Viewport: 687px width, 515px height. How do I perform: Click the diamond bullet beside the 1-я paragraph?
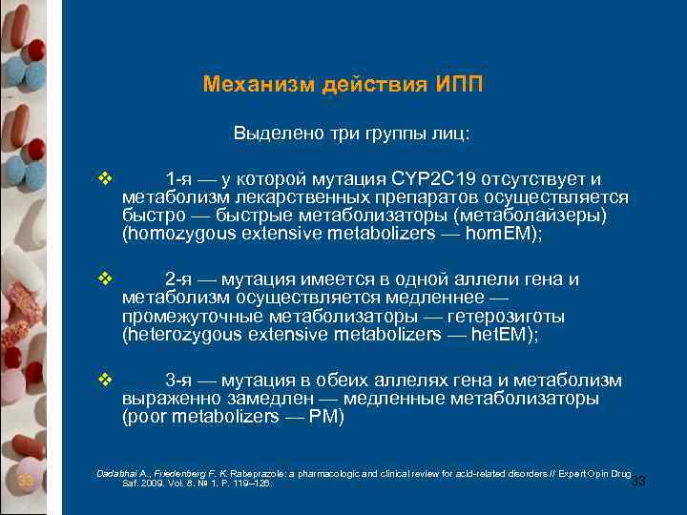click(105, 178)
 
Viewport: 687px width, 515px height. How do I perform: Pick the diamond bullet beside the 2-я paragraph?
click(105, 279)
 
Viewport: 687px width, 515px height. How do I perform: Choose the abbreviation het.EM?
click(499, 334)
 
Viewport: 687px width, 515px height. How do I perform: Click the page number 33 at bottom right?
click(638, 482)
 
